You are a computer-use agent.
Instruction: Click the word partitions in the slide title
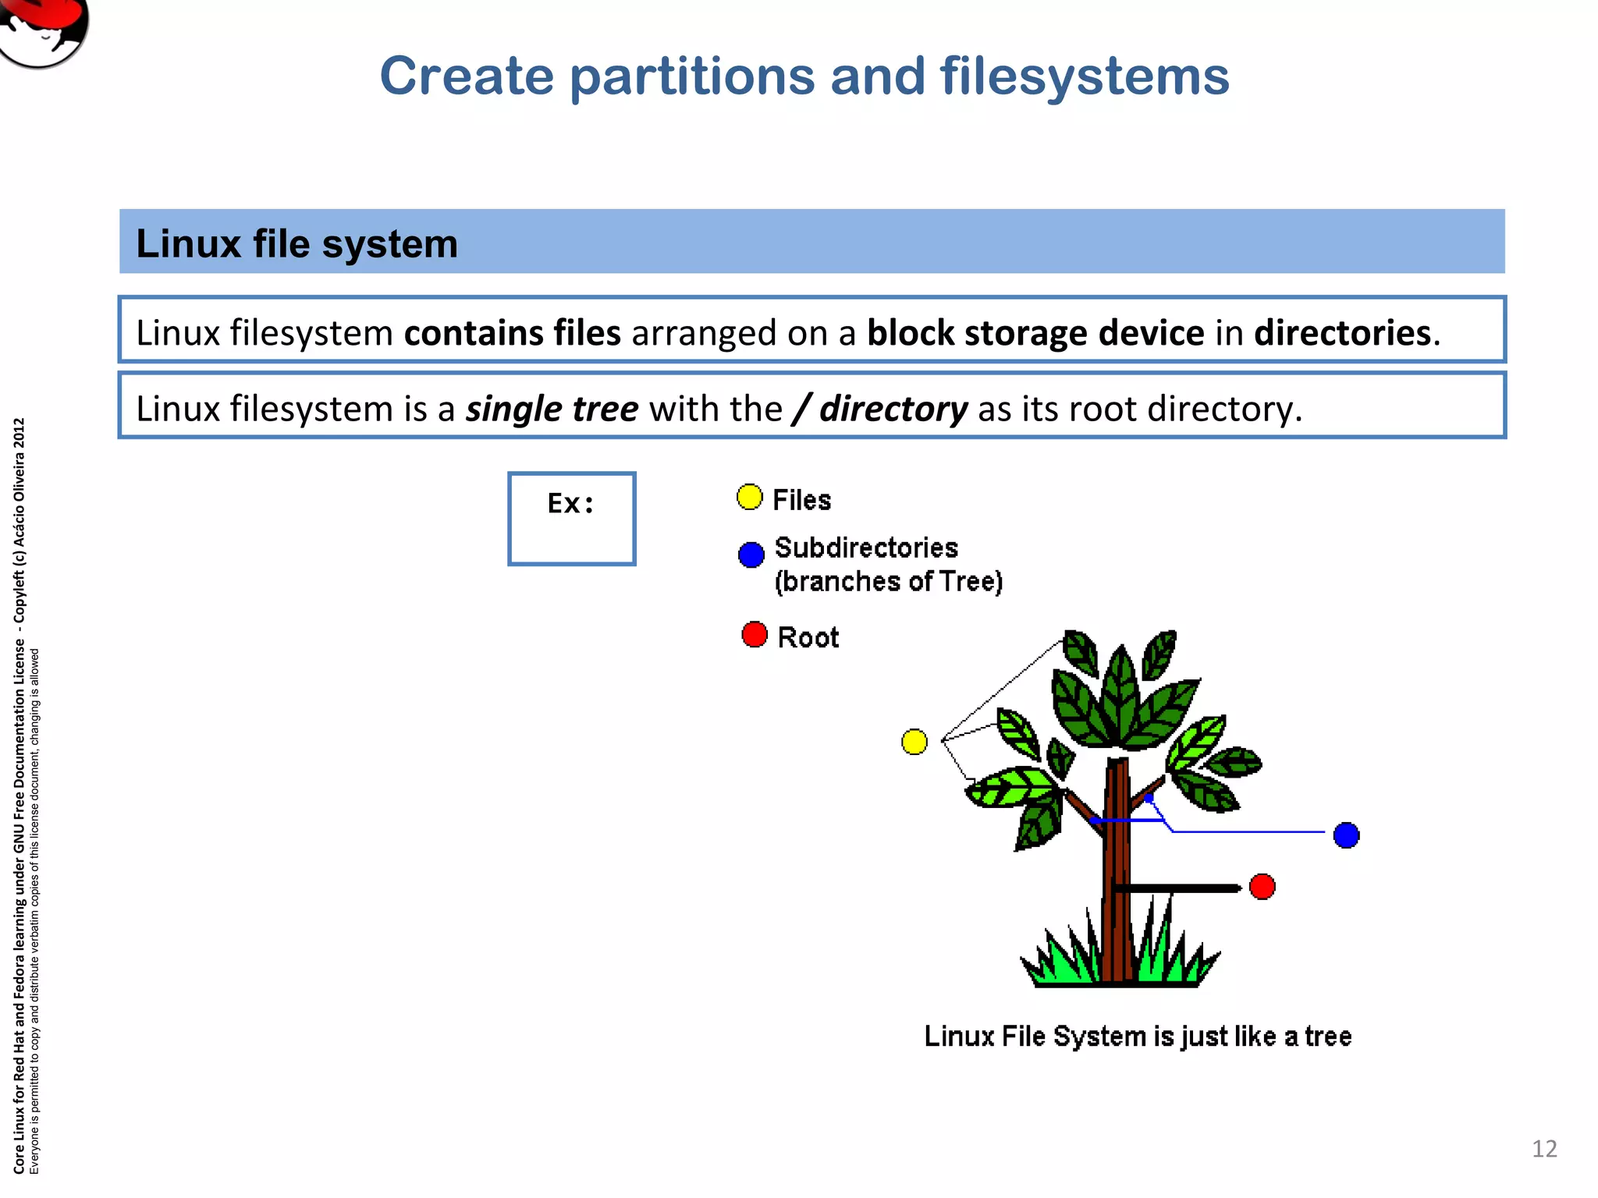pos(691,77)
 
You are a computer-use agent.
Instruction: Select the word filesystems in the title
pos(1084,77)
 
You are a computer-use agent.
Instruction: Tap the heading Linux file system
pos(297,243)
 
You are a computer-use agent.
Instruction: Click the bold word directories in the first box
pos(1342,333)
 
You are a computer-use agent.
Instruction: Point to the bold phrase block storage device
pos(1035,333)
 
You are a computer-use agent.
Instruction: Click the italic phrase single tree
pos(552,409)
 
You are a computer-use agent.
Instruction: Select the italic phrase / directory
pos(879,409)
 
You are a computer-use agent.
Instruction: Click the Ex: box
pos(571,518)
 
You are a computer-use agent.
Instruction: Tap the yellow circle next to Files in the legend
pos(749,497)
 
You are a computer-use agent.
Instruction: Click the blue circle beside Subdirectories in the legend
pos(751,555)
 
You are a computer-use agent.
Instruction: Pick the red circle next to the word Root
pos(754,634)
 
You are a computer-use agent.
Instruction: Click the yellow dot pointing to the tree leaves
pos(914,741)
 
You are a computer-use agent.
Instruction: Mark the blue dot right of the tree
pos(1346,835)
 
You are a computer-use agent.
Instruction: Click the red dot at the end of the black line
pos(1262,887)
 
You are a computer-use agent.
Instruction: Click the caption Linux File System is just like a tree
pos(1138,1037)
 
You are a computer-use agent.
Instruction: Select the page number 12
pos(1544,1149)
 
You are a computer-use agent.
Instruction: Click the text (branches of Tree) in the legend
pos(888,582)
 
